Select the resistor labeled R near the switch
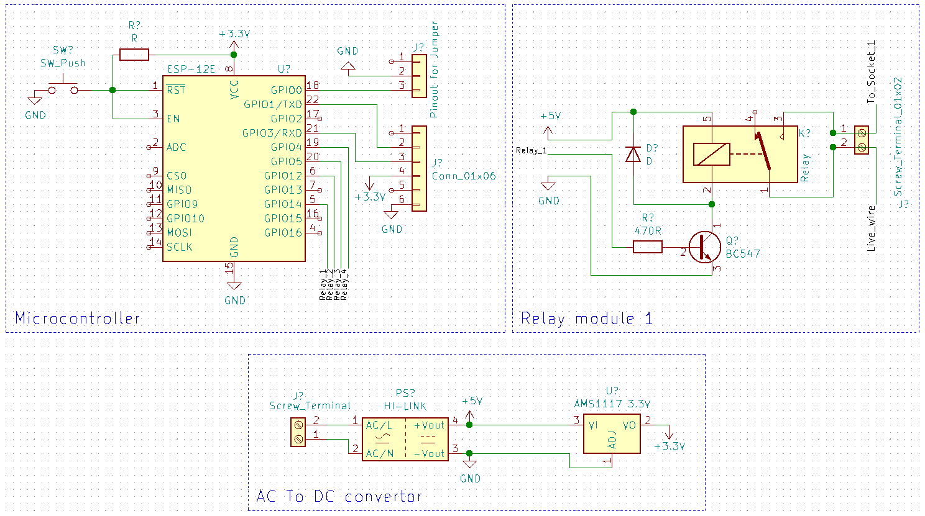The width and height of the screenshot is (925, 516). [x=134, y=55]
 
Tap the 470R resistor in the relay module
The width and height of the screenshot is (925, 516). [x=648, y=247]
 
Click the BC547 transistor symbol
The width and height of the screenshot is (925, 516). [x=704, y=247]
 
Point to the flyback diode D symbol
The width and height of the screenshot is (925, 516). [x=633, y=153]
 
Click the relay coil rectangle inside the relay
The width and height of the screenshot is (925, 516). [x=712, y=154]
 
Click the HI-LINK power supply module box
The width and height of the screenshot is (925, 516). [x=405, y=438]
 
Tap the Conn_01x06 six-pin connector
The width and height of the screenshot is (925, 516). [x=419, y=168]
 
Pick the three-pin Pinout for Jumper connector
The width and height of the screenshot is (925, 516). [x=419, y=76]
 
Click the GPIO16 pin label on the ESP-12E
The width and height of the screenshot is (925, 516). [x=283, y=233]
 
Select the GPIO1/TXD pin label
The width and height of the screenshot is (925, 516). [x=273, y=104]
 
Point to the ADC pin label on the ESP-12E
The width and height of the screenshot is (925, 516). [x=176, y=147]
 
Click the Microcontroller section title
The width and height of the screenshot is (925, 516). [x=78, y=319]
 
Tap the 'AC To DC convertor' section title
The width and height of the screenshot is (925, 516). [x=339, y=496]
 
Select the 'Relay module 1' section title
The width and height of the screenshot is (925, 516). [x=586, y=319]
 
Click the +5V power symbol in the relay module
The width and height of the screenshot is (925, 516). [x=548, y=130]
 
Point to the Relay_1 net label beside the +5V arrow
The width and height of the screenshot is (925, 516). [x=532, y=150]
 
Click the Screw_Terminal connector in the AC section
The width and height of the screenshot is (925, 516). [x=298, y=432]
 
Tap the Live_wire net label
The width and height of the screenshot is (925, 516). [x=872, y=228]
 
